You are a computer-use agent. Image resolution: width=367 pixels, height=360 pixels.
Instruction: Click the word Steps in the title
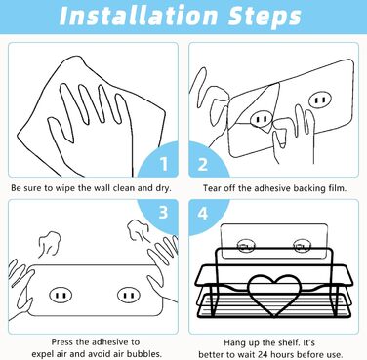[x=265, y=17]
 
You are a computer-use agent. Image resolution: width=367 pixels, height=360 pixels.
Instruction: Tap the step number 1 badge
[x=164, y=164]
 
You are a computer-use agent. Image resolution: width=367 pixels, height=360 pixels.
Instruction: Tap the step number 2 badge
[x=202, y=164]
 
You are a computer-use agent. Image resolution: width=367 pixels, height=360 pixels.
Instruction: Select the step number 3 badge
[x=163, y=212]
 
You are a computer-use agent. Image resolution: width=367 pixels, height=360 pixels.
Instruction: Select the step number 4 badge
[x=202, y=214]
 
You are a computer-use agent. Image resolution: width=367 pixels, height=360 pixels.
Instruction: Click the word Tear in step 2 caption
[x=212, y=188]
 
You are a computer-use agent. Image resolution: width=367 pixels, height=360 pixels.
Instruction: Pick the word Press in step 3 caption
[x=62, y=342]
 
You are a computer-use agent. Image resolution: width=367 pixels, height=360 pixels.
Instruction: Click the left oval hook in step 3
[x=61, y=296]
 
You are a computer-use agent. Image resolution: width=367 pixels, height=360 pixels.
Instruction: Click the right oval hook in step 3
[x=129, y=296]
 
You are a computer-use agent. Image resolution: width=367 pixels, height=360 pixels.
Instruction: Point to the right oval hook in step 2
[x=320, y=100]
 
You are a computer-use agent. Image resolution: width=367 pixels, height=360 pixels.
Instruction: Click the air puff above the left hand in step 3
[x=50, y=243]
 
